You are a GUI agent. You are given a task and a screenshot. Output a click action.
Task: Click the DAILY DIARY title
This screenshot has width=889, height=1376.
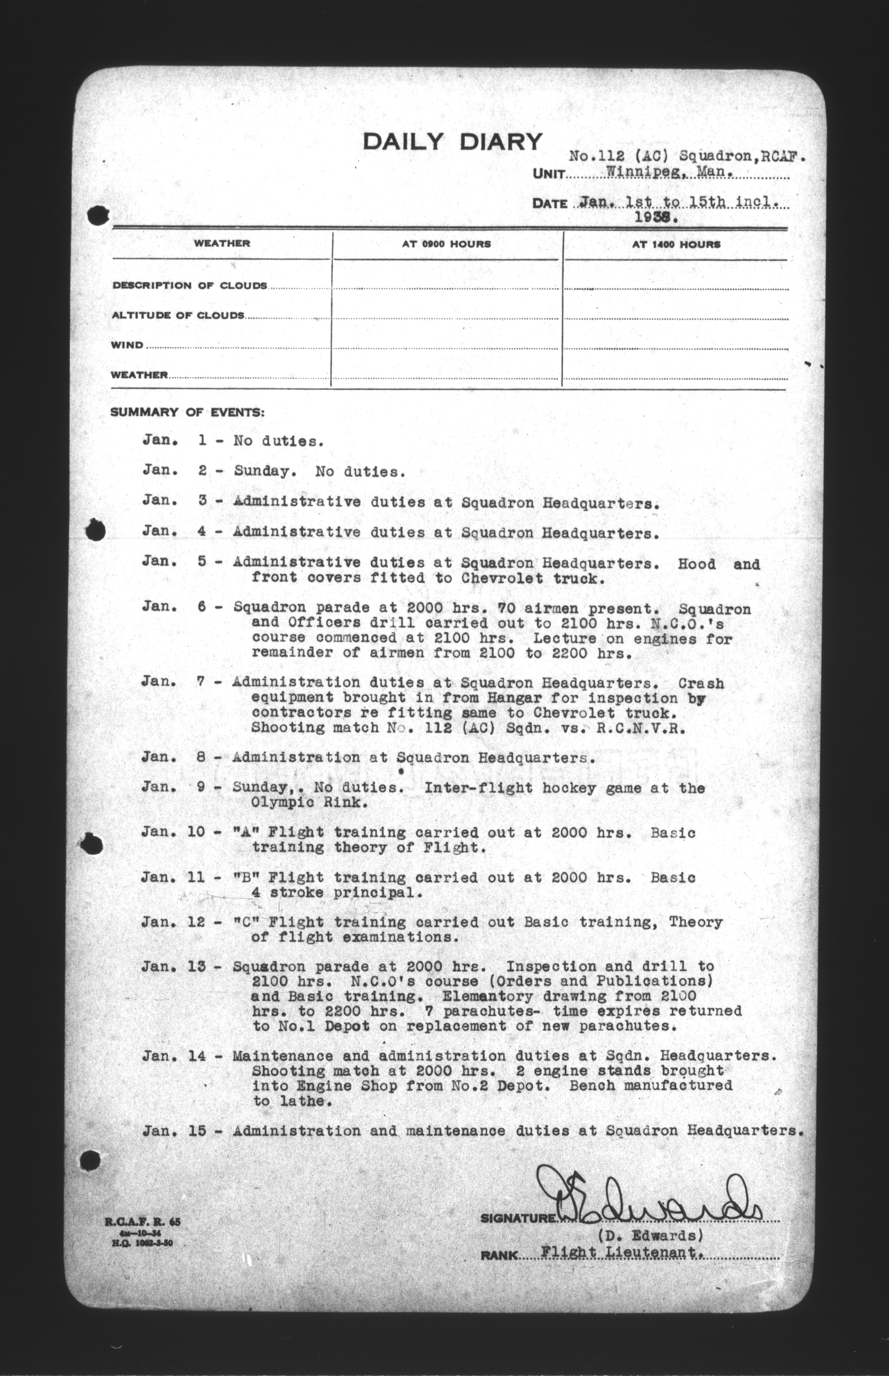point(453,142)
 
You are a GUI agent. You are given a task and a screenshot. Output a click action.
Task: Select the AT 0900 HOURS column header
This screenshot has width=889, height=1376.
point(446,244)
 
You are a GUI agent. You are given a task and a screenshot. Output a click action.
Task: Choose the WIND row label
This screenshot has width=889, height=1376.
point(127,345)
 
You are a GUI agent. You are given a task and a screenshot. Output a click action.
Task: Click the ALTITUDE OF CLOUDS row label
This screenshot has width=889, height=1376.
point(178,315)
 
